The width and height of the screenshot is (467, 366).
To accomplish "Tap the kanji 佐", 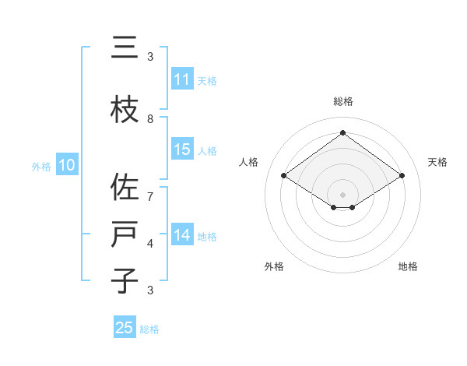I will (x=125, y=188).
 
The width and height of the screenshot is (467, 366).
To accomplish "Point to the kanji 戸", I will (x=125, y=235).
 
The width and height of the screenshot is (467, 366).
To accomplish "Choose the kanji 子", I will (x=125, y=281).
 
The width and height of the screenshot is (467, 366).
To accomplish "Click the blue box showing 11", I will (x=182, y=79).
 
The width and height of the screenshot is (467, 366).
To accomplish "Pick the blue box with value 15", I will (x=182, y=150).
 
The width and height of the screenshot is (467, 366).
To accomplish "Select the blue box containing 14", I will (x=182, y=235).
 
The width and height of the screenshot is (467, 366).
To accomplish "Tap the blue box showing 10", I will (x=67, y=165).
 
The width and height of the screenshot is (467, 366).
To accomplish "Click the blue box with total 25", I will (x=125, y=328).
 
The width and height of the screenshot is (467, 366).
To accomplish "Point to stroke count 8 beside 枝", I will (x=150, y=119).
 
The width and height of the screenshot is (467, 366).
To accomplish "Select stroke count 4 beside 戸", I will (x=150, y=244).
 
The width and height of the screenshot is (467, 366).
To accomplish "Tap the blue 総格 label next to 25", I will (x=149, y=329).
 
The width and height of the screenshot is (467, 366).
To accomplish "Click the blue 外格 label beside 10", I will (x=41, y=166).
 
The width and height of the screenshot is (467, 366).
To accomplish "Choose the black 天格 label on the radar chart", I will (x=437, y=162).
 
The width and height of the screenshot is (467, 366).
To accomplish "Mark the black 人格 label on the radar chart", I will (x=249, y=162).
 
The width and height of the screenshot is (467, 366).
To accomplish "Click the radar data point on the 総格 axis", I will (x=342, y=132).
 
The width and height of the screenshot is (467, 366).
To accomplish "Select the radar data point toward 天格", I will (x=402, y=176).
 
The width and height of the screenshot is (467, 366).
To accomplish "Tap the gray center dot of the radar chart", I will (x=342, y=193).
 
